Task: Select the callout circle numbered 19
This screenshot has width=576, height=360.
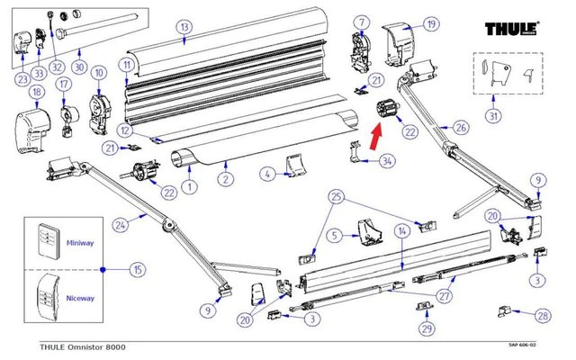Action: pos(431,24)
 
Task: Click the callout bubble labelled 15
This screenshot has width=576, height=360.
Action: pos(137,269)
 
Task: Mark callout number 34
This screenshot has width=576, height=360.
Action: pos(387,162)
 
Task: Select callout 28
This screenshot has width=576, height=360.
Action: pos(542,315)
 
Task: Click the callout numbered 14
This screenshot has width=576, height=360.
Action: pos(402,231)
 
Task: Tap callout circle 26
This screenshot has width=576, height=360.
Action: pos(461,128)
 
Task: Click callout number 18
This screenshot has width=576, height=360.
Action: pos(36,93)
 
